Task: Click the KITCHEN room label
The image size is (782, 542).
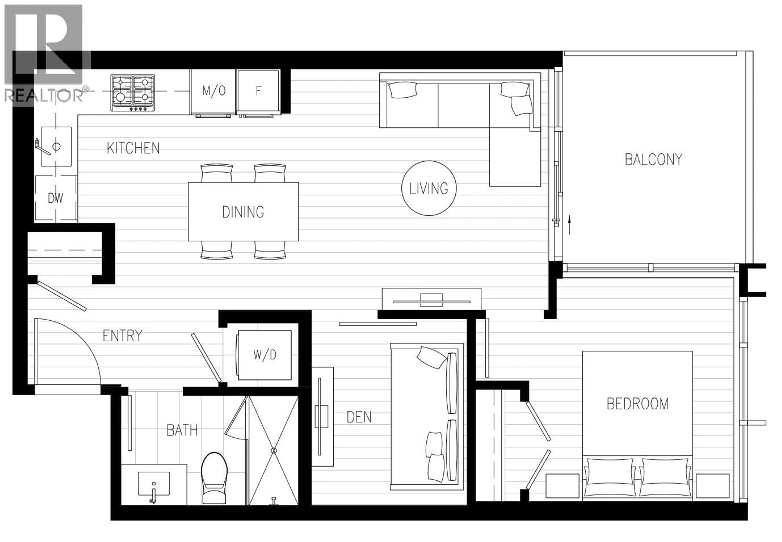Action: (133, 148)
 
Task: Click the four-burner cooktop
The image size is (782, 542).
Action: (132, 93)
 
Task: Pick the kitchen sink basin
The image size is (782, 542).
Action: (56, 147)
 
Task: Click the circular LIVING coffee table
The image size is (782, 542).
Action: (429, 188)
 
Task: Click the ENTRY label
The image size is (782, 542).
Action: (123, 336)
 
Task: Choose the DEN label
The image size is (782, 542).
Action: (359, 417)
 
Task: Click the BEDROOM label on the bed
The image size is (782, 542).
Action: (637, 404)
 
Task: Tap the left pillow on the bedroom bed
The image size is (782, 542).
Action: (610, 476)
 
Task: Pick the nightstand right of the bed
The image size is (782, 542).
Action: (712, 486)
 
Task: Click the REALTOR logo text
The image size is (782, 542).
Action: (44, 96)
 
